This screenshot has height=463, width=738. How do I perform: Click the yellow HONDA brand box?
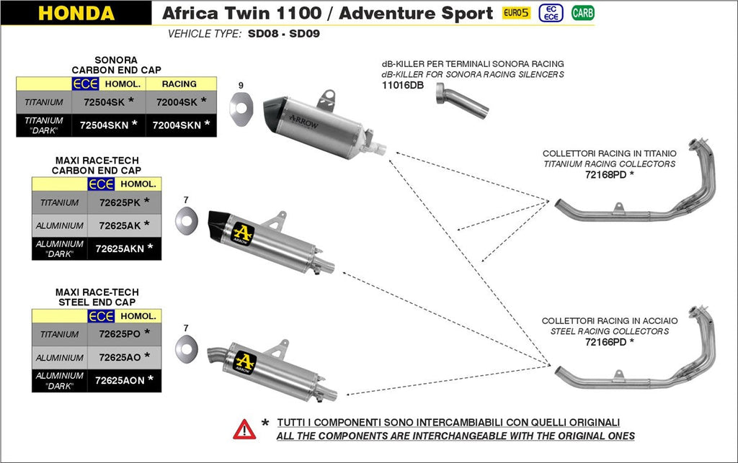point(76,13)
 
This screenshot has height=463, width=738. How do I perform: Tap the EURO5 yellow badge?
point(516,13)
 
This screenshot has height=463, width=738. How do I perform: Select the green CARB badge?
point(582,13)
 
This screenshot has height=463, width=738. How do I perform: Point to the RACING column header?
point(179,84)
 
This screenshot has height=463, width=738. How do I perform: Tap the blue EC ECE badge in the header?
point(551,13)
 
